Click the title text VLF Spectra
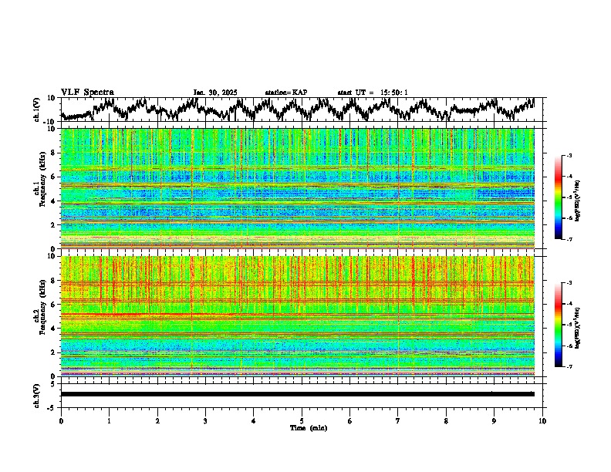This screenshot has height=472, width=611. coord(87,93)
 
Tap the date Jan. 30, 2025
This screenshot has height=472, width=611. coord(214,93)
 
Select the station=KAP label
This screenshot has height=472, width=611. coord(285,93)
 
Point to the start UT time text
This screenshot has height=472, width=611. coord(373,93)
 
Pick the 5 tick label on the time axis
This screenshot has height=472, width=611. coord(302,420)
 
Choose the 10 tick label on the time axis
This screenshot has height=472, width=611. coord(542,420)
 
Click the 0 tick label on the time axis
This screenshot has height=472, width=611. coord(61,420)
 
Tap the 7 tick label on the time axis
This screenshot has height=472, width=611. coord(398,420)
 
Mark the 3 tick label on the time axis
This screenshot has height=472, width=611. coord(205,420)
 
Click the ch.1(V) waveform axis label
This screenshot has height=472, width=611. coord(37,110)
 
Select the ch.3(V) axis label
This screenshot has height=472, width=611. coord(37,393)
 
